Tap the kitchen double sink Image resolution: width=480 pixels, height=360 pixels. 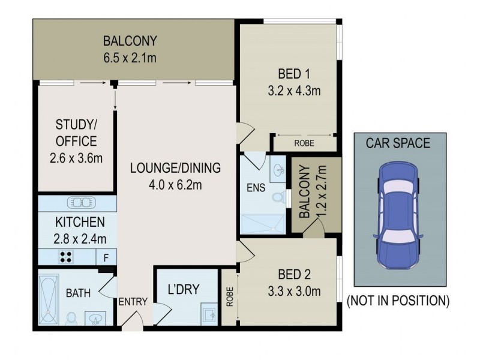click(78, 202)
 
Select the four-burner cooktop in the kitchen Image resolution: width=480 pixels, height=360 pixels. click(67, 257)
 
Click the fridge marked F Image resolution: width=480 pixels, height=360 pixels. click(106, 258)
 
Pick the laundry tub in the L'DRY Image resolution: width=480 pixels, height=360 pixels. click(207, 314)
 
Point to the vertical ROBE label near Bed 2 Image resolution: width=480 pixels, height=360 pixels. click(229, 298)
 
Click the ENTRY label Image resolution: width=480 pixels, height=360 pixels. click(133, 302)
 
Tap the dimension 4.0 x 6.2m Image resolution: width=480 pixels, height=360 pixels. click(175, 184)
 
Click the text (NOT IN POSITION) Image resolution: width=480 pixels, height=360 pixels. click(398, 300)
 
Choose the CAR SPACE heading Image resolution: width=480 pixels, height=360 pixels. click(398, 143)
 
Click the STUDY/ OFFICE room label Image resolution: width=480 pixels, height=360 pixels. click(76, 134)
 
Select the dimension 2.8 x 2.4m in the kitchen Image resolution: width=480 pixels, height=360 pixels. click(72, 238)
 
